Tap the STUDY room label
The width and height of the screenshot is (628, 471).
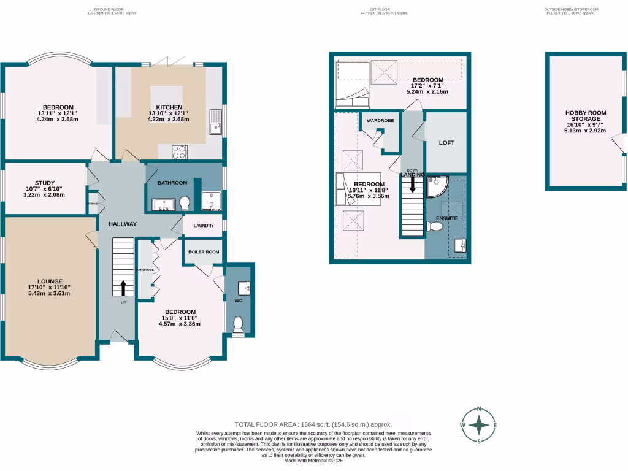point(45,183)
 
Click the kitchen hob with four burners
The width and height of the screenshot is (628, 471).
point(180,151)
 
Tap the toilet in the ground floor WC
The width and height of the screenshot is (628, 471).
point(239,324)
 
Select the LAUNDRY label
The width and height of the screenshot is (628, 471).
point(203,226)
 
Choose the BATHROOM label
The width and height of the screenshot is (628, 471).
point(172,183)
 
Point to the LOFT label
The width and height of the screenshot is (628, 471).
point(446,142)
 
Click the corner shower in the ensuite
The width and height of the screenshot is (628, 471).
point(437,186)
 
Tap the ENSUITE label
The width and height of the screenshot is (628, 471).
point(446,218)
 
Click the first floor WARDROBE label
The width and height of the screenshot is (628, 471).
point(380,121)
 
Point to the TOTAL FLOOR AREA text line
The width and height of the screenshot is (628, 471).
point(313,424)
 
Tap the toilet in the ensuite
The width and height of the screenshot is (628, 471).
point(436,227)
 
